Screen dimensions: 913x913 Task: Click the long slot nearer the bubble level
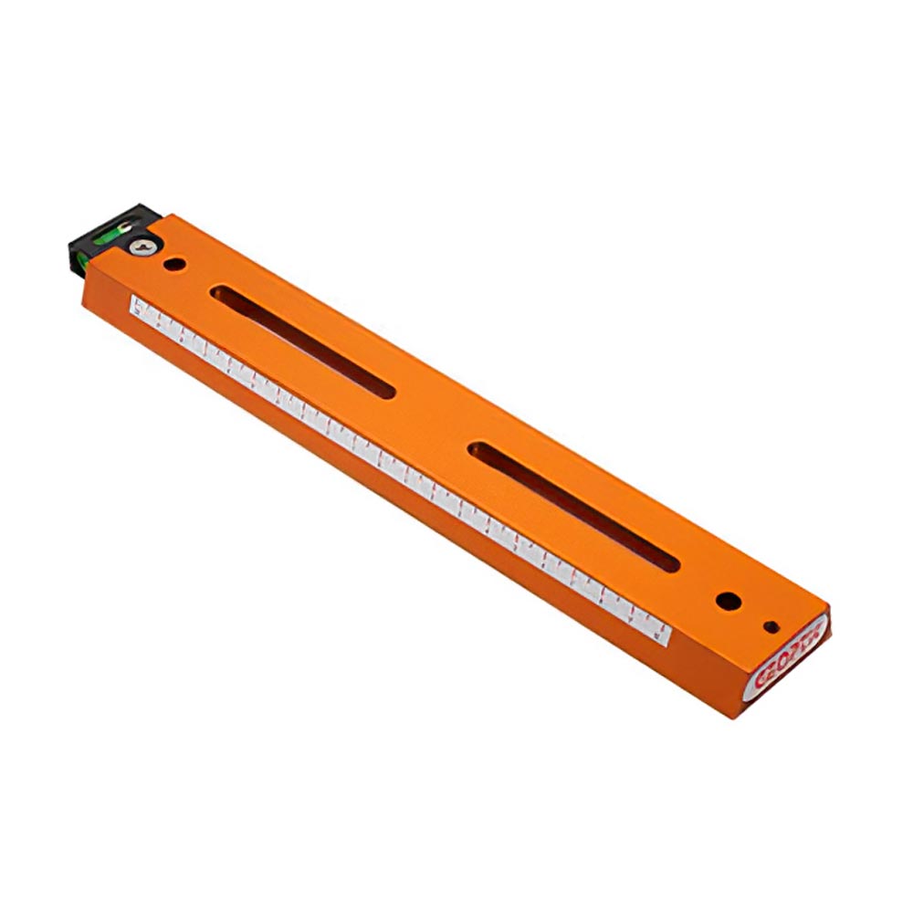click(301, 342)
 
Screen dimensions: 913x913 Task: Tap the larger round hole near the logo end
click(728, 601)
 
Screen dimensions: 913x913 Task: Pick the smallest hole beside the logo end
click(771, 626)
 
